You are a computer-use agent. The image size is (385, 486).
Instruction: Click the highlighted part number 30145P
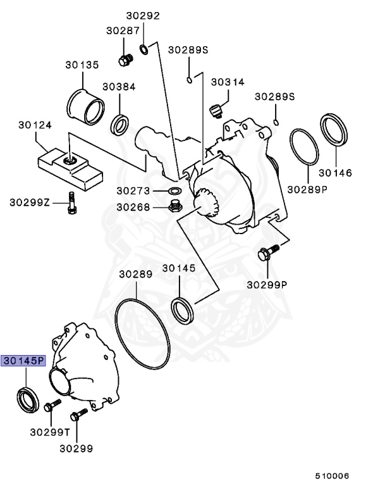tap(23, 361)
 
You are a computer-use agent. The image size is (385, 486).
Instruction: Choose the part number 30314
tap(228, 82)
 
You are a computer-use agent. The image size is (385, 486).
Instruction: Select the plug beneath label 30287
tap(124, 61)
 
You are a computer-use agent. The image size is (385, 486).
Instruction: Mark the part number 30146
tap(335, 172)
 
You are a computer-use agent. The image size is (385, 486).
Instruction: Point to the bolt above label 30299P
tap(266, 254)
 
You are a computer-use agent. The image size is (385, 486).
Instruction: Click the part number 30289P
tap(307, 189)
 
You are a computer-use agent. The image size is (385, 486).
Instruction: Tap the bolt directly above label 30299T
tap(51, 406)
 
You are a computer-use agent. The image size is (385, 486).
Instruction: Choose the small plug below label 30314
tap(215, 112)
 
